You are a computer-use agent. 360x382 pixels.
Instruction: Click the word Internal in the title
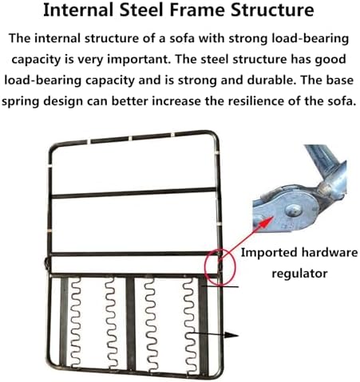pos(79,10)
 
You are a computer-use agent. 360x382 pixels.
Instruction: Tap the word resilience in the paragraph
pos(240,101)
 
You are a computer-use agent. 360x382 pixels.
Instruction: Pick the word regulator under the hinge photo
pos(299,274)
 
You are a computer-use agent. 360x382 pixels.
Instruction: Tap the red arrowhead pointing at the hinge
pos(268,222)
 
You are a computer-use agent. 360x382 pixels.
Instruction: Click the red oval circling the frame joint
pos(220,268)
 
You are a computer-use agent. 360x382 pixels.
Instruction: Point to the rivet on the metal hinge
pos(293,211)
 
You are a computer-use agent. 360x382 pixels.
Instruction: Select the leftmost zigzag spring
pos(75,321)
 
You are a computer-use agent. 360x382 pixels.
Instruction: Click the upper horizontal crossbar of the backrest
pos(133,193)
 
